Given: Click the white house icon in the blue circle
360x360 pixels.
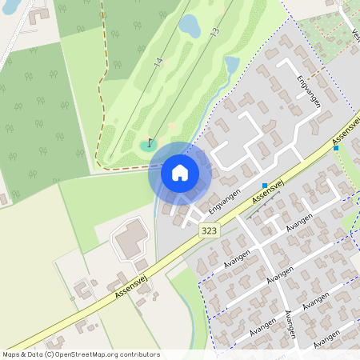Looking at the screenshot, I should coord(179,172).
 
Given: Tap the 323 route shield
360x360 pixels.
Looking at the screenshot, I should coord(209,230).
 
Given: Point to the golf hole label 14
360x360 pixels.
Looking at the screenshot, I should coord(158,62).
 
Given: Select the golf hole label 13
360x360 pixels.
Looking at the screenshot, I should coord(214,33).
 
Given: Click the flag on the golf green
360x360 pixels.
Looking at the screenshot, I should coord(150,142).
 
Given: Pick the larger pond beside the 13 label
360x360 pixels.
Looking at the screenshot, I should coord(190,26).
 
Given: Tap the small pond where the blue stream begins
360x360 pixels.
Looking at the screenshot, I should coord(232,63).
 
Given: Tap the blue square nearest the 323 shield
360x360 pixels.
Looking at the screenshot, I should coord(265,185).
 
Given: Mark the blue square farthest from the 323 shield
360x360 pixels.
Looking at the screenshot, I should coord(336,148).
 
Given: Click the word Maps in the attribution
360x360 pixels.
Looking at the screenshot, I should coord(12,354).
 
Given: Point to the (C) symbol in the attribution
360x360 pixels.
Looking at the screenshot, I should coord(50,354).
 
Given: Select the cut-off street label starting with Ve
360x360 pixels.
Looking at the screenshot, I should coord(354,36).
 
